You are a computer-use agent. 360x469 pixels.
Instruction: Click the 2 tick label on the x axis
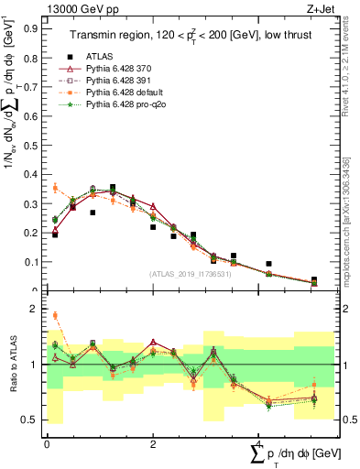tap(153, 443)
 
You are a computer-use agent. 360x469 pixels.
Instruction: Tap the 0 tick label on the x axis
tap(47, 443)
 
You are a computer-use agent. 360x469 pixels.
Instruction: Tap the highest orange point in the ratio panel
tap(55, 315)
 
